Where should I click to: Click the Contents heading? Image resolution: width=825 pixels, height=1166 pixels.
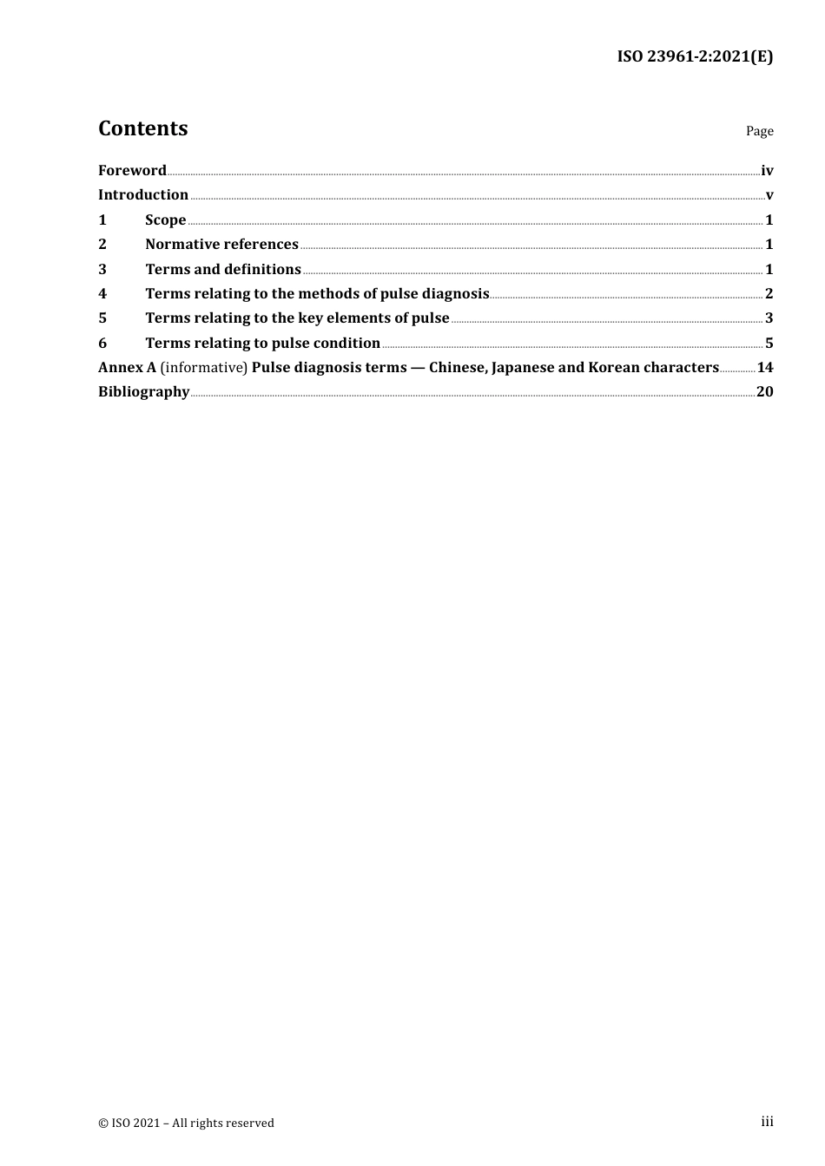[x=142, y=128]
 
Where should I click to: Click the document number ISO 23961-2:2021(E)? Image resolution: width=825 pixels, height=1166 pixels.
[x=695, y=57]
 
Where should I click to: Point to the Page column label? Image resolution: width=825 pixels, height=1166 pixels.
[x=759, y=131]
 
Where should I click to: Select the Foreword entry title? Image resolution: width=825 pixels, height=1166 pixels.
[x=132, y=171]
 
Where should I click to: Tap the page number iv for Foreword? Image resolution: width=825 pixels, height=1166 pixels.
[x=767, y=171]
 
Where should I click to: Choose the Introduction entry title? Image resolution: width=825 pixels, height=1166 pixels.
[x=143, y=195]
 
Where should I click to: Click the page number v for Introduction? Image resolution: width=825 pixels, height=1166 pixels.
[x=769, y=195]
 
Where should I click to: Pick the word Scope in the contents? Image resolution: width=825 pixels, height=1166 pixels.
[x=166, y=220]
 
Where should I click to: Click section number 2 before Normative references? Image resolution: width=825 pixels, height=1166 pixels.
[x=102, y=245]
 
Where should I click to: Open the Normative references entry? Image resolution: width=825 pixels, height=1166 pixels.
[x=221, y=245]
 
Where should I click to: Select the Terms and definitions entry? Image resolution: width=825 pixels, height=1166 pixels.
[x=223, y=270]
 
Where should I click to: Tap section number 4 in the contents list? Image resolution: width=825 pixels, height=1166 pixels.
[x=102, y=294]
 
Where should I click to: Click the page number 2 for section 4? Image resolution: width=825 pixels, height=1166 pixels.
[x=769, y=294]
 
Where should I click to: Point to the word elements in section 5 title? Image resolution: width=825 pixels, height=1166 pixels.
[x=356, y=318]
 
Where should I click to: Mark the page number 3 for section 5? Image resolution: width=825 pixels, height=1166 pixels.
[x=769, y=318]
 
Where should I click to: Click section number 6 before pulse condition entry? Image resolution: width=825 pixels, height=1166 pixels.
[x=102, y=344]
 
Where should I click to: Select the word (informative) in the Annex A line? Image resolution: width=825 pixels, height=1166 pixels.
[x=204, y=368]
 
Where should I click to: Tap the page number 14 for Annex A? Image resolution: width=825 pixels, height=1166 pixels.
[x=765, y=368]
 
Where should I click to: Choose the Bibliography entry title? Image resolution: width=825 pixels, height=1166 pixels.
[x=143, y=392]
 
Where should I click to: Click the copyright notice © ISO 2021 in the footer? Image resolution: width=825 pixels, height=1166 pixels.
[x=186, y=1123]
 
